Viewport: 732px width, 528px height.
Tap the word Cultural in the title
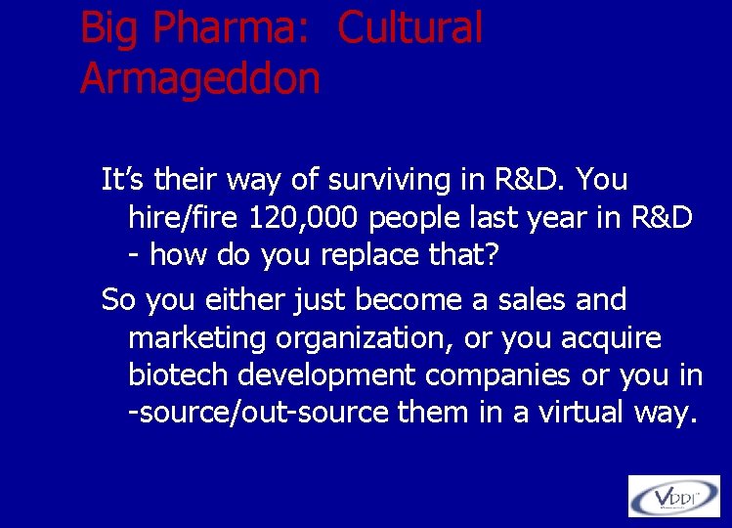pyautogui.click(x=410, y=29)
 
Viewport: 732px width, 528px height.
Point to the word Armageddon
pyautogui.click(x=199, y=78)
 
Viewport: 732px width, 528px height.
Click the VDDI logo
pyautogui.click(x=673, y=495)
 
